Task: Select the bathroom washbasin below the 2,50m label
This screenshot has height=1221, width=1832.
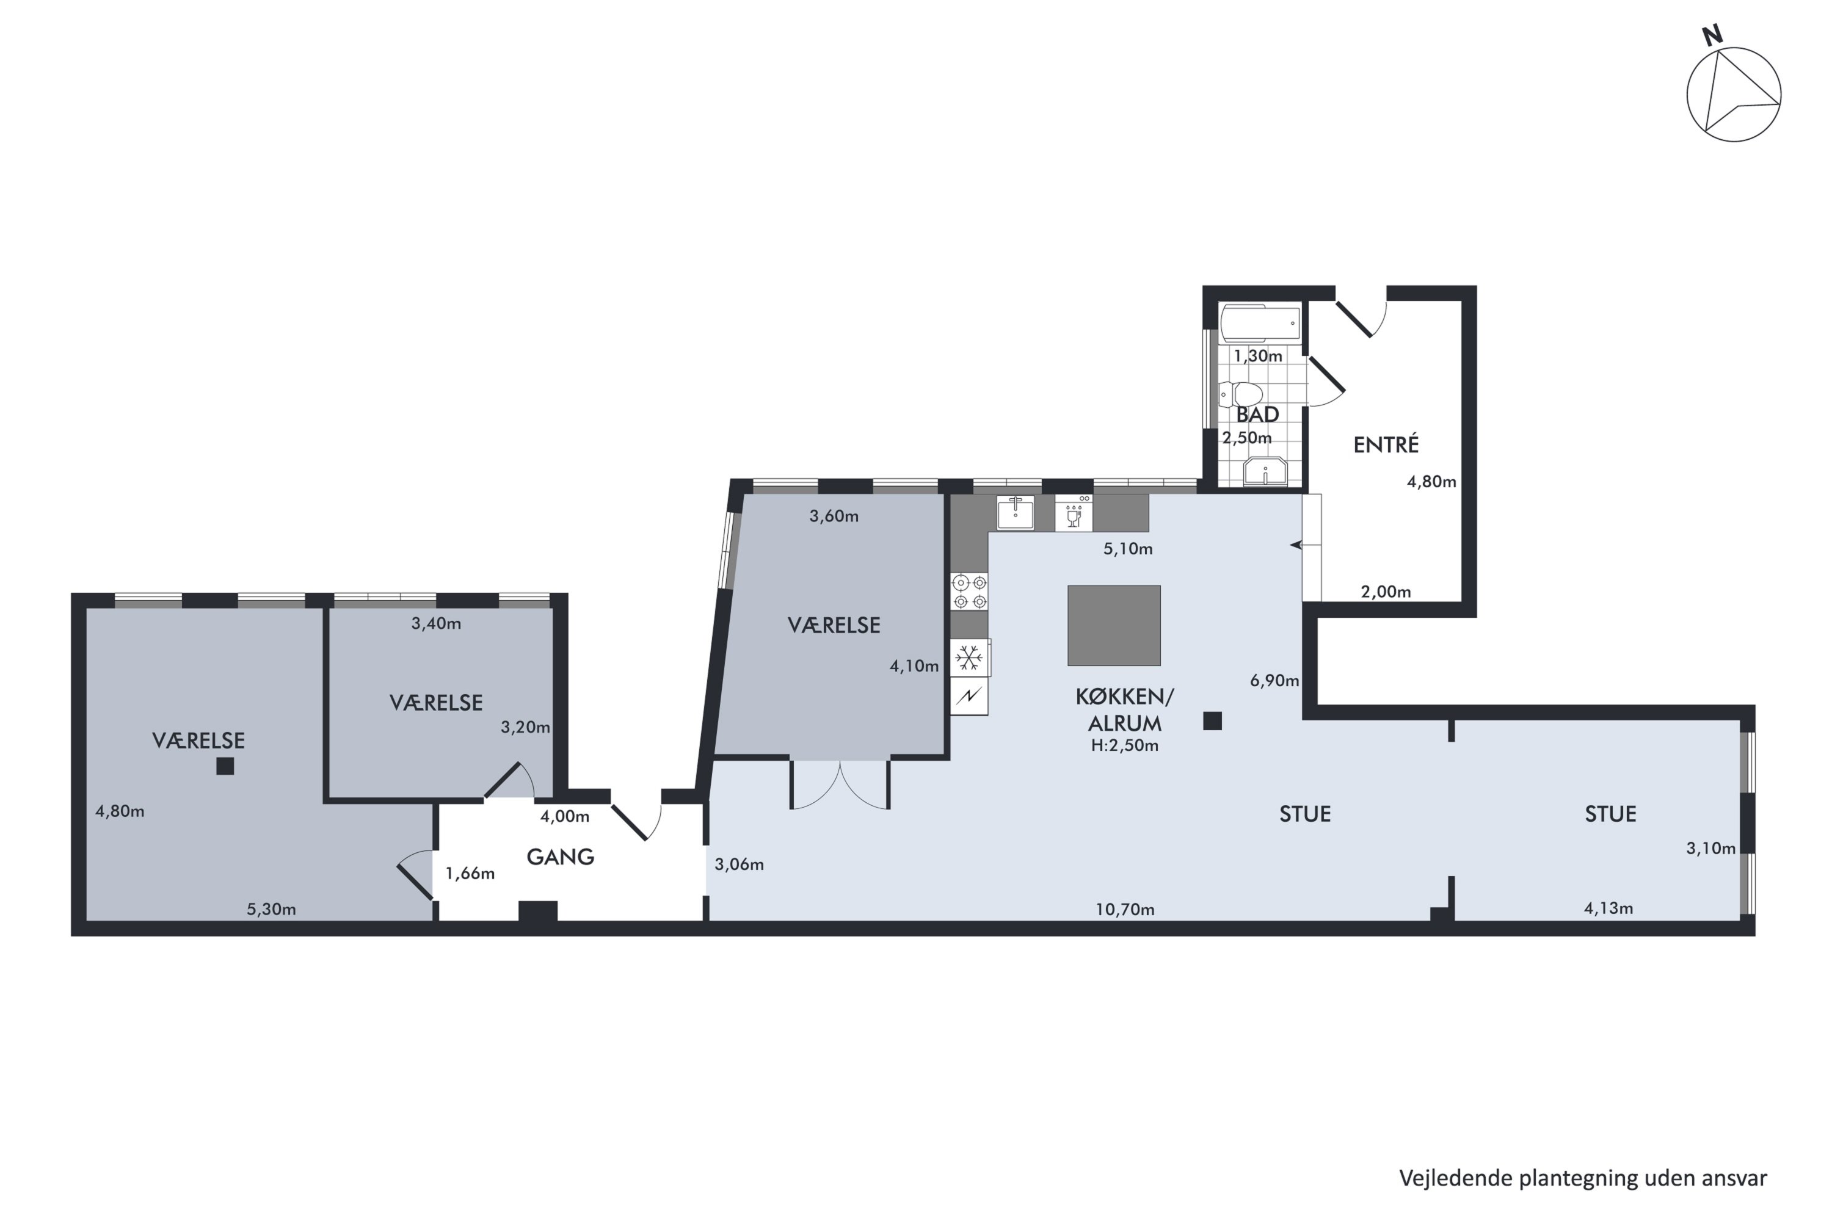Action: [x=1265, y=472]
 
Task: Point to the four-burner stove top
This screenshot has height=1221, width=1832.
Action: [x=970, y=592]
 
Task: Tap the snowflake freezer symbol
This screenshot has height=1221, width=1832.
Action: [x=970, y=659]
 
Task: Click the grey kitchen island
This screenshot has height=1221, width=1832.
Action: [x=1114, y=625]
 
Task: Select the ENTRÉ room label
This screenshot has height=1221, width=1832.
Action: [x=1386, y=444]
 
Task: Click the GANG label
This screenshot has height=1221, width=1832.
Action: [x=560, y=857]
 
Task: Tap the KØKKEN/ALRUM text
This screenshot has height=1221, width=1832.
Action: [x=1125, y=709]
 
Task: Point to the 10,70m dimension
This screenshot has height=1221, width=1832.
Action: [x=1125, y=910]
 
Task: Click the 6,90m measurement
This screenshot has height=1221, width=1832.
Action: [x=1274, y=681]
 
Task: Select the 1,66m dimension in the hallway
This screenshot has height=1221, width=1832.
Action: [x=470, y=874]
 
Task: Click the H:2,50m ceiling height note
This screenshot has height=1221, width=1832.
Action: [x=1125, y=745]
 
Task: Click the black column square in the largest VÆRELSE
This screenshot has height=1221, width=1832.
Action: [x=225, y=766]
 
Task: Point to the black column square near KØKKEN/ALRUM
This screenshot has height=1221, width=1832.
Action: [x=1212, y=721]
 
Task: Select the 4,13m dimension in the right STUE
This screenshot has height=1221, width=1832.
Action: [x=1608, y=908]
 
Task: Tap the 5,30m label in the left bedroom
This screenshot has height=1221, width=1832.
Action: [x=271, y=910]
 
